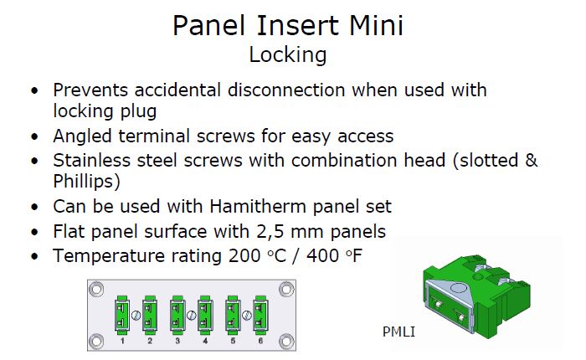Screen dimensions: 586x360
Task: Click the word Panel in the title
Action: [x=209, y=25]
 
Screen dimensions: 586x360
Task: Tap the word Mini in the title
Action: [x=377, y=25]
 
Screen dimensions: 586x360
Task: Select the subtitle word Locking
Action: [x=288, y=55]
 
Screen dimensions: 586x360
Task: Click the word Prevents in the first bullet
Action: [x=90, y=90]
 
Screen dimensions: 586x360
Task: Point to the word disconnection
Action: [x=286, y=90]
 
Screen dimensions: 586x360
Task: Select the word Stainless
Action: [x=91, y=161]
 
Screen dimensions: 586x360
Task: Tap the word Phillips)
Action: [x=87, y=182]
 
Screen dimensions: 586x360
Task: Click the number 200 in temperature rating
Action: [x=244, y=256]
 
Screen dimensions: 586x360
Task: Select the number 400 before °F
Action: [x=322, y=256]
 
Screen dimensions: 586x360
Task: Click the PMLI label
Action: [x=398, y=332]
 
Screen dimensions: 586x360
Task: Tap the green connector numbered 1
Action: [x=122, y=315]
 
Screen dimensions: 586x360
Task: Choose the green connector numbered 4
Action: [x=205, y=315]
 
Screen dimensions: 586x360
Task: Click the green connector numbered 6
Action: [x=260, y=315]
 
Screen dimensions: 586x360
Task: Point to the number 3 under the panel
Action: [x=177, y=341]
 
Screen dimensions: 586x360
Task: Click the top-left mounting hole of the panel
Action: [x=96, y=290]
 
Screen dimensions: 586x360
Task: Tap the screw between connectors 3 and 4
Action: [x=192, y=316]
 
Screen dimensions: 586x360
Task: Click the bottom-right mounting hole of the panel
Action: [x=286, y=341]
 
